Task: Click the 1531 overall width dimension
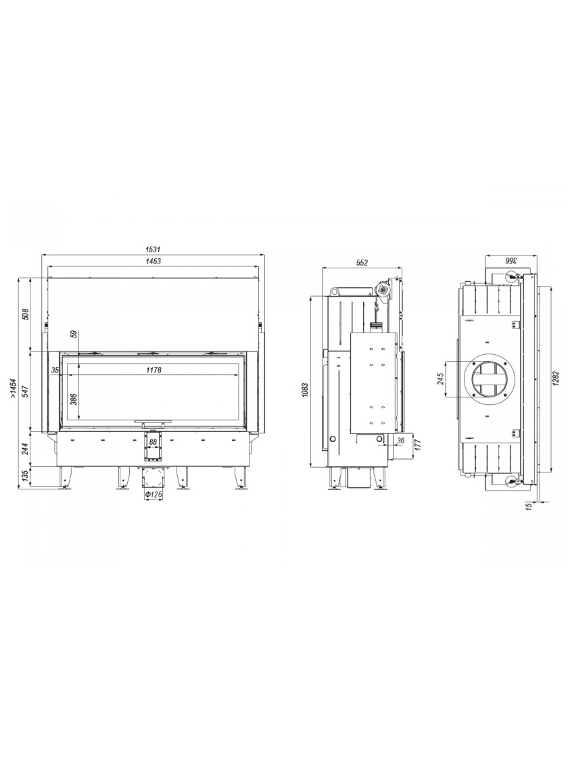[152, 249]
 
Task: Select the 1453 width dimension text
[152, 261]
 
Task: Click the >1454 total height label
[13, 388]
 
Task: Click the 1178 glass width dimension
[153, 370]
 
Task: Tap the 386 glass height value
[74, 399]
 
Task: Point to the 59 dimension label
[74, 334]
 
